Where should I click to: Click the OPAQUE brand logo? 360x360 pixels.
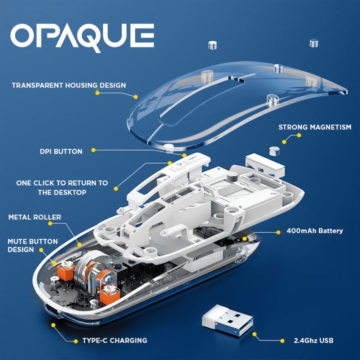click(x=82, y=37)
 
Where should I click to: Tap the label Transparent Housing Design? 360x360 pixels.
click(x=69, y=85)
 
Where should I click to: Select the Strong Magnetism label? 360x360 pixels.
click(x=315, y=127)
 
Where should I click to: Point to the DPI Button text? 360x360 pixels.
click(x=61, y=151)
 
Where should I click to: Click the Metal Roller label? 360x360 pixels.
click(x=34, y=217)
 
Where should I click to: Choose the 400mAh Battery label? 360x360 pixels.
click(x=315, y=230)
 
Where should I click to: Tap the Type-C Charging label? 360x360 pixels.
click(x=115, y=340)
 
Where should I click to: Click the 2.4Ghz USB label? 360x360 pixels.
click(x=313, y=340)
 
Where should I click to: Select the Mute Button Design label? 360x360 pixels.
click(x=32, y=245)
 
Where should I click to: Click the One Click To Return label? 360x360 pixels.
click(x=62, y=187)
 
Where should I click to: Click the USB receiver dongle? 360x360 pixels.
click(x=227, y=320)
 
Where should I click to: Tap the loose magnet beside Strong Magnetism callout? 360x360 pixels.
click(x=274, y=151)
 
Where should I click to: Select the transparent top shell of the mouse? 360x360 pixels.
click(x=236, y=105)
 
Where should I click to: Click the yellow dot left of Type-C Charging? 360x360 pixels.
click(x=76, y=341)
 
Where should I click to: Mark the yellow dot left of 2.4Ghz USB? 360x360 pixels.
click(x=282, y=341)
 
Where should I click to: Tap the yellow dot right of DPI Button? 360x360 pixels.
click(x=93, y=150)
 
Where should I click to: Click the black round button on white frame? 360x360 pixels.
click(x=232, y=177)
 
